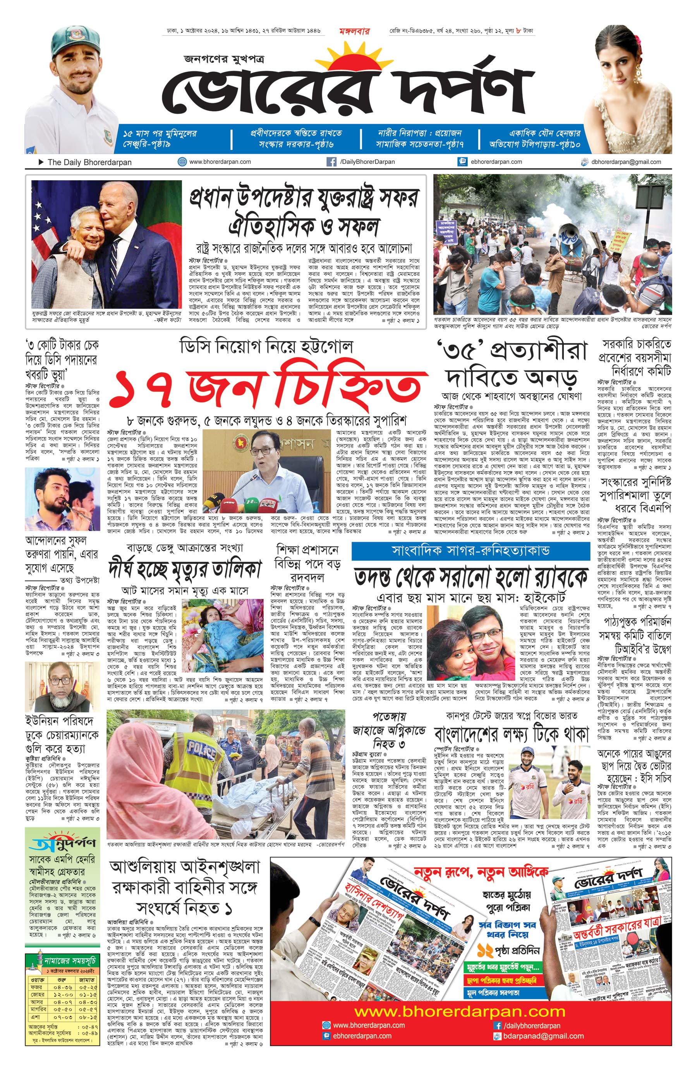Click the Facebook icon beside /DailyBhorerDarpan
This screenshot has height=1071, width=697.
(x=331, y=162)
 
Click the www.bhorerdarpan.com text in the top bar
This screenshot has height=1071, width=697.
(x=220, y=162)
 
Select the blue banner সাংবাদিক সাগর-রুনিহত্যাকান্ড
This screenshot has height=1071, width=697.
(x=470, y=551)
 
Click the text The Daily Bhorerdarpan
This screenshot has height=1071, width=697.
(x=89, y=162)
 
